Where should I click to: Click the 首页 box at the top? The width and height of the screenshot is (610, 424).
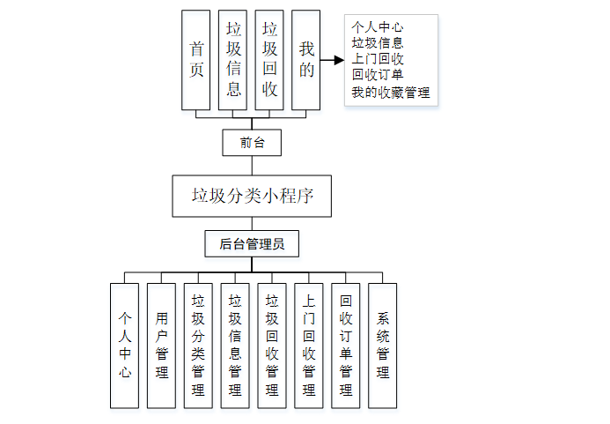[195, 60]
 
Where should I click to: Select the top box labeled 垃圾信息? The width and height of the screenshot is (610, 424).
[232, 60]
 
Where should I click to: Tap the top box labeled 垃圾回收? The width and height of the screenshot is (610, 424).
[269, 60]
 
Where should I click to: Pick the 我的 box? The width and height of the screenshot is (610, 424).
[305, 60]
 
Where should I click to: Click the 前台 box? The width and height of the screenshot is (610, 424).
[253, 142]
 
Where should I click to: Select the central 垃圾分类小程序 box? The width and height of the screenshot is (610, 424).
[253, 196]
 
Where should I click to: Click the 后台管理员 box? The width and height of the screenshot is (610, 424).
[252, 244]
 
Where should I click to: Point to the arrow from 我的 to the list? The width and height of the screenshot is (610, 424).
[331, 61]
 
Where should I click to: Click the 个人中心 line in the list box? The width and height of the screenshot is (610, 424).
[378, 27]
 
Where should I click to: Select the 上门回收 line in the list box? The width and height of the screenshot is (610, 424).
[378, 59]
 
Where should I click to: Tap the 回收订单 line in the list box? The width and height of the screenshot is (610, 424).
[378, 75]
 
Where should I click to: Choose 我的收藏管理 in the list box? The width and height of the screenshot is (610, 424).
[391, 92]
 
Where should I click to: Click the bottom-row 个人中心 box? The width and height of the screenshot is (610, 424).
[124, 346]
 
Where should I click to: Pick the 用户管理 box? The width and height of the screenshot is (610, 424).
[161, 346]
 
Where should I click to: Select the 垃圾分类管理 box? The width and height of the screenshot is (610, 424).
[198, 346]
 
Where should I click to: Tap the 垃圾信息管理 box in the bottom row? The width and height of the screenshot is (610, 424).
[235, 346]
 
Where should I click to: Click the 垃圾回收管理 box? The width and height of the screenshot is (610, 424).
[272, 346]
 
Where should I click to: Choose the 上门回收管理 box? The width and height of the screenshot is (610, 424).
[309, 346]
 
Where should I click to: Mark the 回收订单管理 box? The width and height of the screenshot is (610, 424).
[346, 346]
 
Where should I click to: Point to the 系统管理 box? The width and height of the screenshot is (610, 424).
[383, 346]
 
